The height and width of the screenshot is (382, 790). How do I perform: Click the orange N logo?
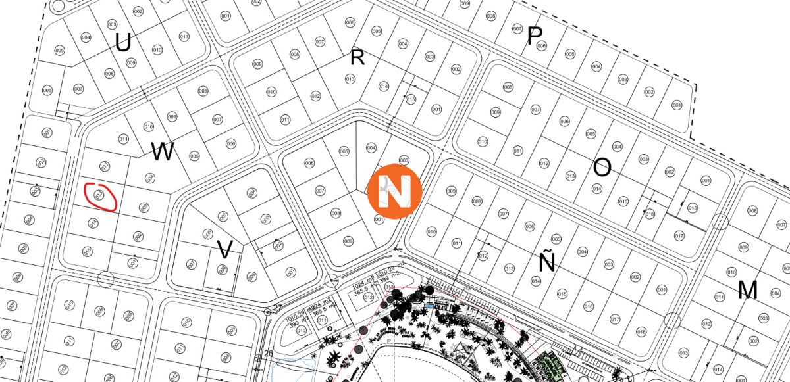click(394, 189)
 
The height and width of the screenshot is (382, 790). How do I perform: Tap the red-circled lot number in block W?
click(100, 195)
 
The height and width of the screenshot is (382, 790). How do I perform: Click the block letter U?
click(123, 43)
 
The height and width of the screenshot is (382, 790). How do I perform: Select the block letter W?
click(163, 153)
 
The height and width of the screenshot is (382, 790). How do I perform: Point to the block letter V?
click(225, 250)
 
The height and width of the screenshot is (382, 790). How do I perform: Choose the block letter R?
click(357, 58)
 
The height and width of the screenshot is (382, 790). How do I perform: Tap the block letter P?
click(534, 37)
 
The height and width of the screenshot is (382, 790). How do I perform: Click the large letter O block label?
click(602, 168)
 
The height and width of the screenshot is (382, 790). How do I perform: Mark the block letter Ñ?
click(547, 262)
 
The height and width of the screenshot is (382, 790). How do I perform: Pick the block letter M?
click(748, 290)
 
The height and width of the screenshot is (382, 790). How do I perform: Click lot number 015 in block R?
click(411, 99)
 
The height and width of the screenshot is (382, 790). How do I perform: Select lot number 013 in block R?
click(350, 80)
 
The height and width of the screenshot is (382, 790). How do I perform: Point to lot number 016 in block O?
click(650, 214)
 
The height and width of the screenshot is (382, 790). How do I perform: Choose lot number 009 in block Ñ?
click(452, 191)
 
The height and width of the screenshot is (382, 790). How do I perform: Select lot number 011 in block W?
click(123, 139)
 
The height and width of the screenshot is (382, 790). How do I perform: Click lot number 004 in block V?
click(251, 193)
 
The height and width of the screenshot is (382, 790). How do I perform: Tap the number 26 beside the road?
click(268, 354)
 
